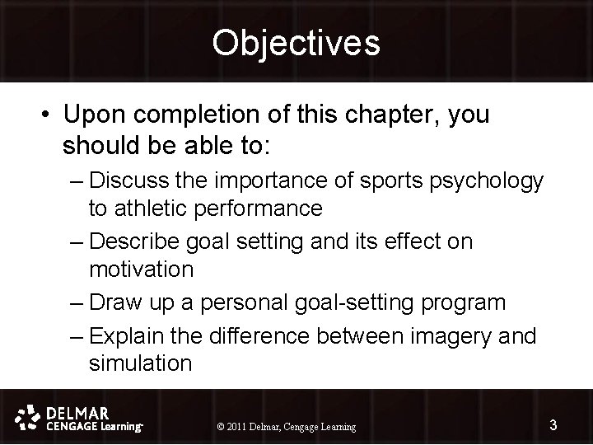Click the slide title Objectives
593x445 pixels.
296,43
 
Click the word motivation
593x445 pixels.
141,269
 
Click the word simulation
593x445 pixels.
140,363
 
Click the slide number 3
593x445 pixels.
553,425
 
